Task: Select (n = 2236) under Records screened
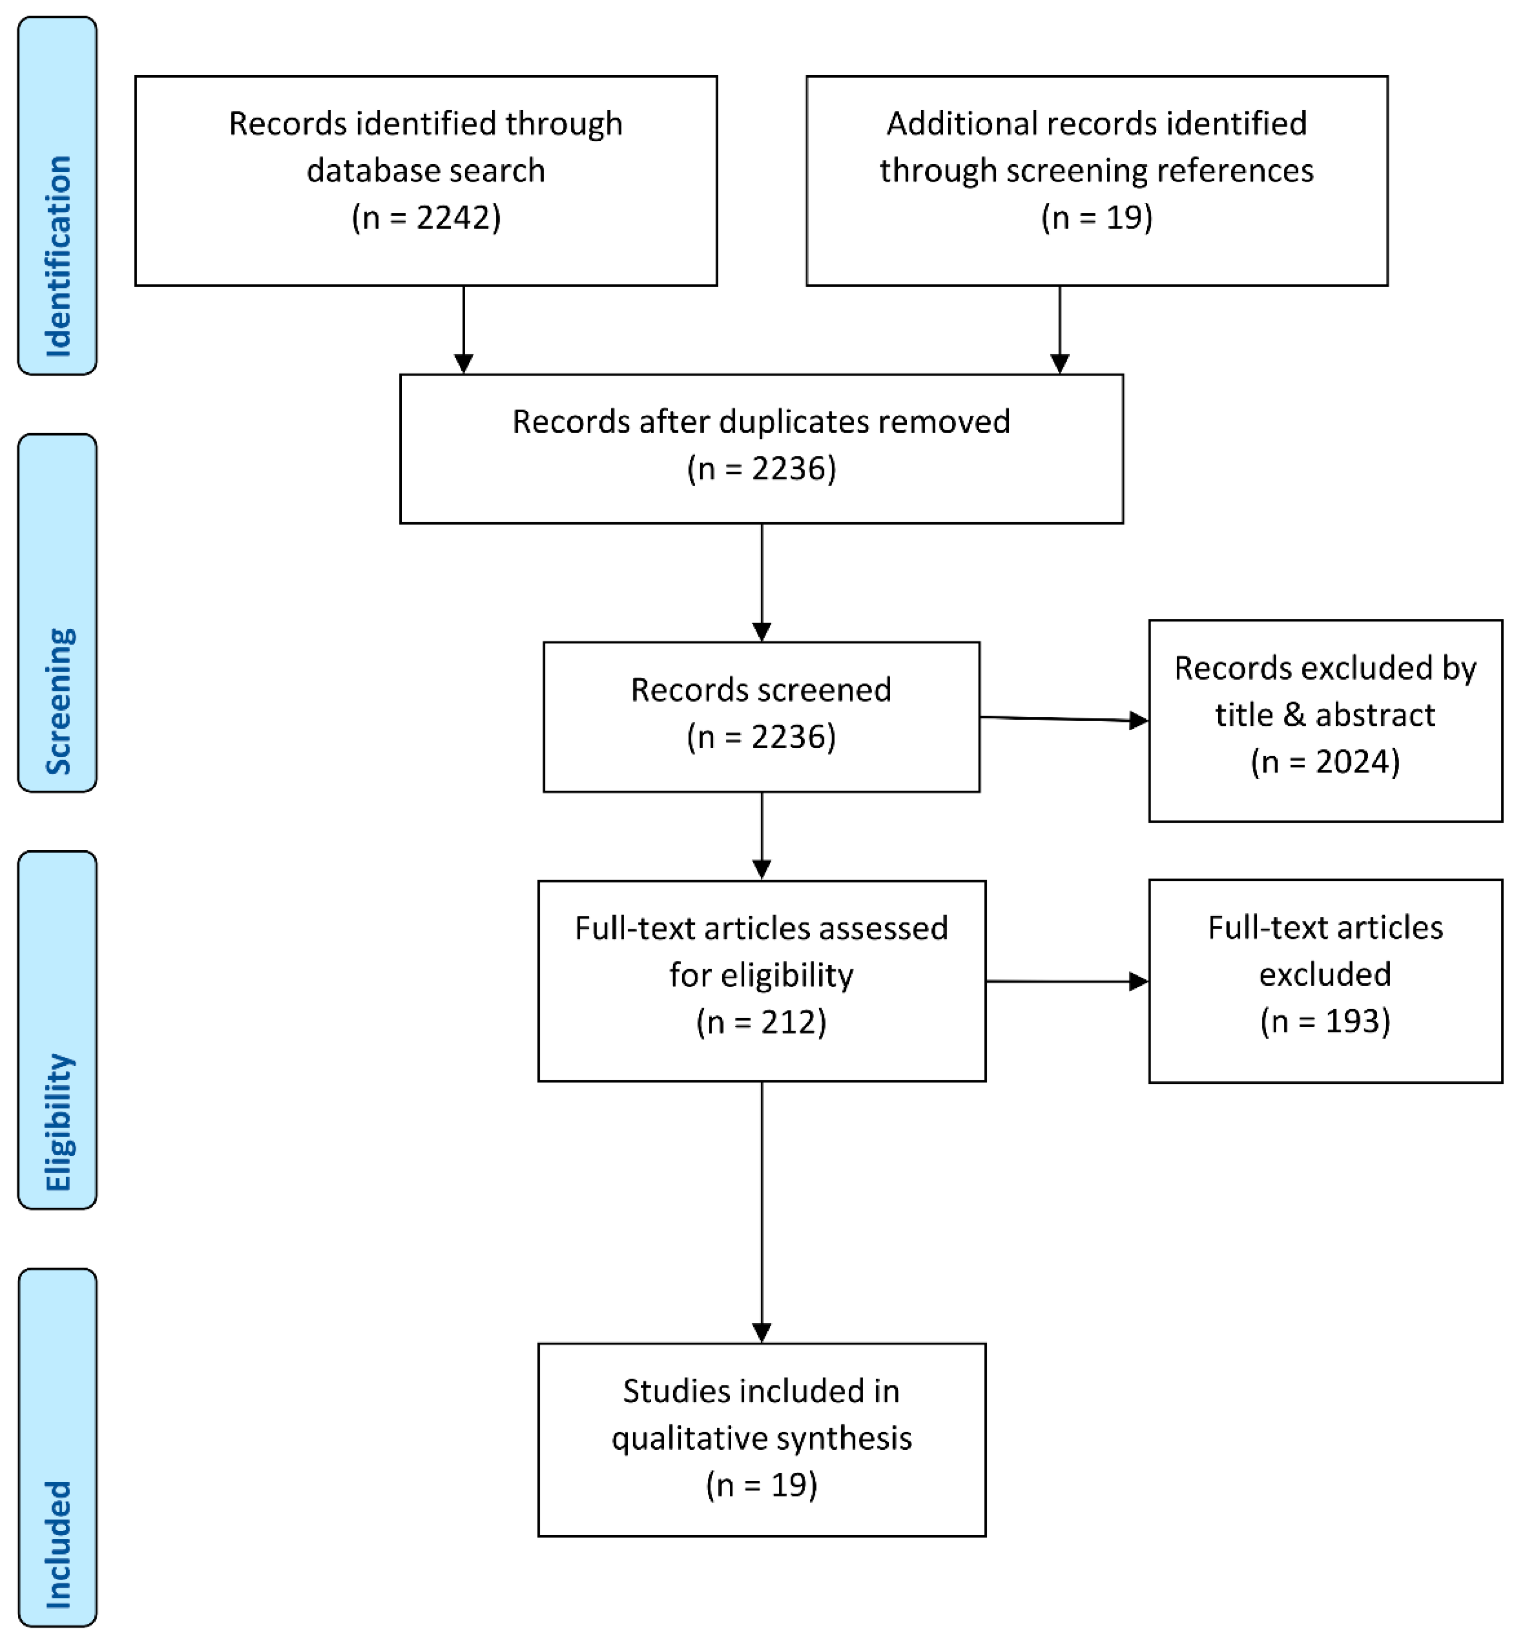coord(761,737)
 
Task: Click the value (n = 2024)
coord(1325,762)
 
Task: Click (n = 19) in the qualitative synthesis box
coord(761,1485)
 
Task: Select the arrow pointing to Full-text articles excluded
coord(1066,981)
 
